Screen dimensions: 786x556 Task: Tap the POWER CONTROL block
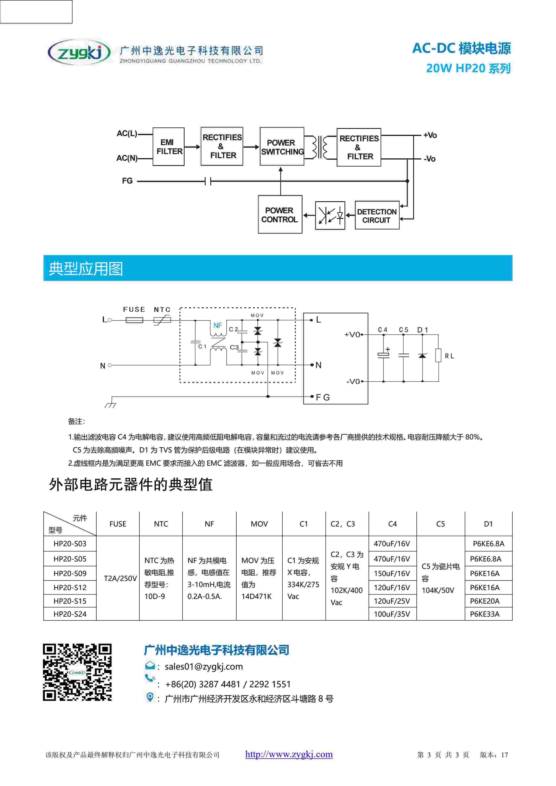pos(280,215)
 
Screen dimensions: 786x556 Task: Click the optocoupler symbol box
pos(330,215)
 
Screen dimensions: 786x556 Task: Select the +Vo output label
pos(430,135)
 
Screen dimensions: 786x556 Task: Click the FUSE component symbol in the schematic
pos(134,320)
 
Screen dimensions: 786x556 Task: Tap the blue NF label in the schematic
pos(217,325)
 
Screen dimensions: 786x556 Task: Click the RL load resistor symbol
pos(438,355)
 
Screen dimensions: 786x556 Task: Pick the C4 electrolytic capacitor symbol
pos(384,355)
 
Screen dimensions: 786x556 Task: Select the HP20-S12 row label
pos(70,587)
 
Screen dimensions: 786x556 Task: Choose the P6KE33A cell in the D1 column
pos(484,614)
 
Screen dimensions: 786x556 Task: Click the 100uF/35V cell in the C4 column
pos(392,614)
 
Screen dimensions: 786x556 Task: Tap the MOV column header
pos(259,524)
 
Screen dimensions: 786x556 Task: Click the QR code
pos(77,672)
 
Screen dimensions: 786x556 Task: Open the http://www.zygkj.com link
pos(289,754)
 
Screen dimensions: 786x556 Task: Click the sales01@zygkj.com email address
pos(204,666)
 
